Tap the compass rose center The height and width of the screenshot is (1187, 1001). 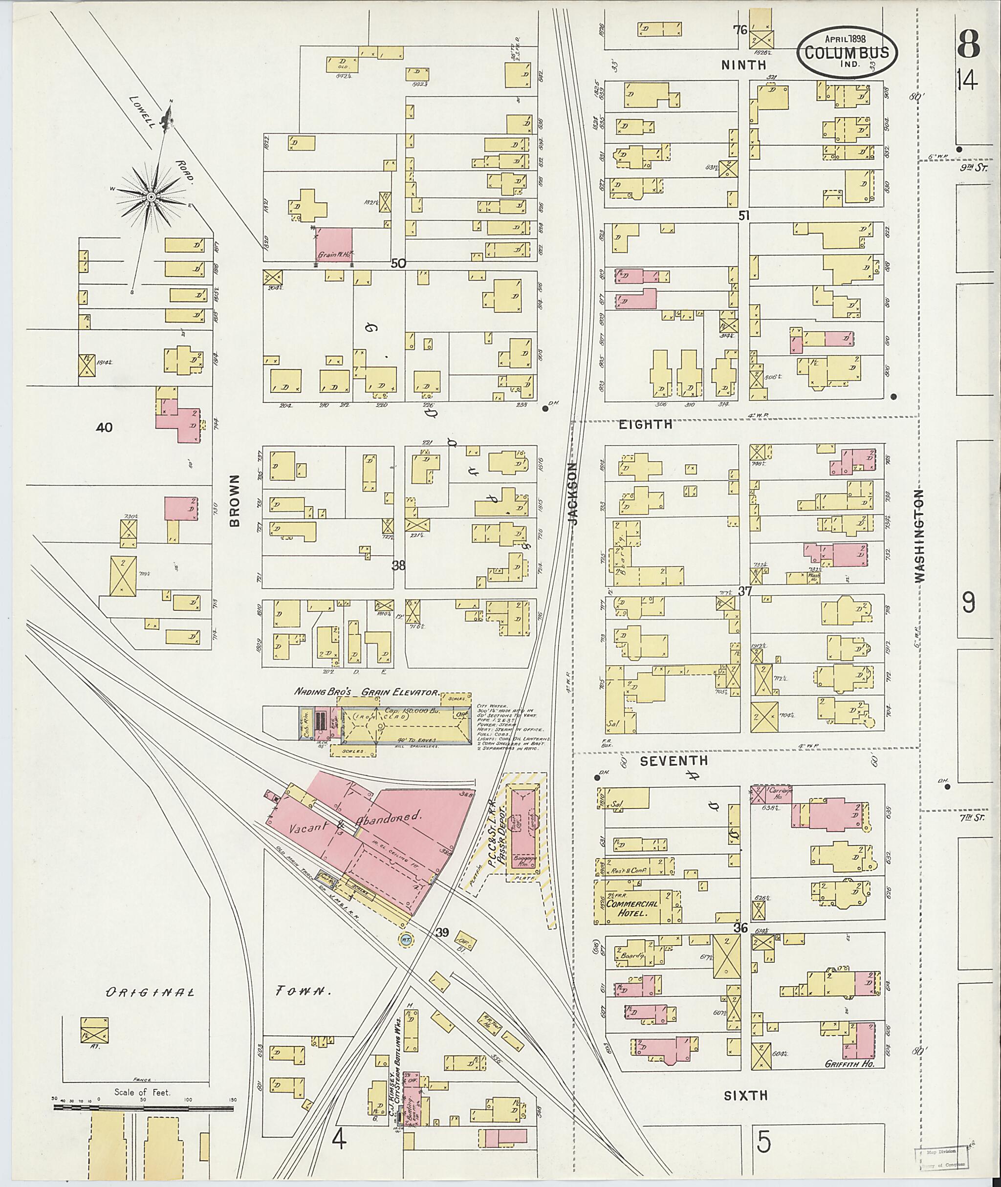[x=151, y=197]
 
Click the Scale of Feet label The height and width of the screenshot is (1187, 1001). [x=142, y=1092]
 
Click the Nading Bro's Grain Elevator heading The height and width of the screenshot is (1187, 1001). [x=366, y=692]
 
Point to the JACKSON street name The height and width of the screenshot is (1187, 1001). [x=573, y=493]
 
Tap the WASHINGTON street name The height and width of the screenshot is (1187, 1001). [x=919, y=536]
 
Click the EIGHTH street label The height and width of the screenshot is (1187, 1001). [x=645, y=424]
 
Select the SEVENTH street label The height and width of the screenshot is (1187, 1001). [x=674, y=761]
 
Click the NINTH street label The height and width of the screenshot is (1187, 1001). [x=743, y=66]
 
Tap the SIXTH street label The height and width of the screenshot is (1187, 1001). [x=745, y=1095]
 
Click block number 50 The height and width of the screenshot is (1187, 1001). [x=398, y=263]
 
